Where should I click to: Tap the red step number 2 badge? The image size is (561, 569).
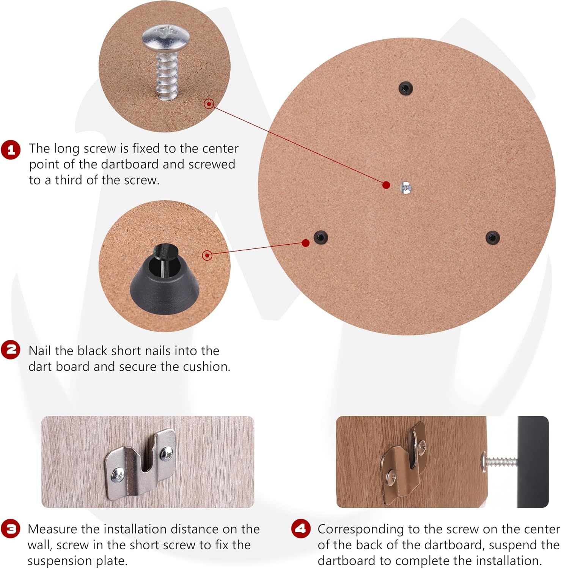pos(11,349)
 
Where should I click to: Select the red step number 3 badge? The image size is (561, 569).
pos(11,528)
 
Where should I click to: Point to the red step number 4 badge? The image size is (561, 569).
pos(301,528)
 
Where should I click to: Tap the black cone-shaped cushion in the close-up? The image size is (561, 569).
pos(165,275)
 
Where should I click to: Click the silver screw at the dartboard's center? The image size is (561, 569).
pos(406,187)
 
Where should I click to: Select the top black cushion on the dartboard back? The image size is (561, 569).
pos(405,88)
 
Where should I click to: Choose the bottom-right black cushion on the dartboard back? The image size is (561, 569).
pos(493,237)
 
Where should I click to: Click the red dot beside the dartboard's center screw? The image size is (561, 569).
pos(386,185)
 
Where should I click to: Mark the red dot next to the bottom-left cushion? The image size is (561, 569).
pos(306,243)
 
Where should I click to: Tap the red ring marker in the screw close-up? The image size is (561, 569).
pos(209,104)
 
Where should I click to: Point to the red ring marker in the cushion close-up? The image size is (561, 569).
pos(207,255)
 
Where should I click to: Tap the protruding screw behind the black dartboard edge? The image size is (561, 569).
pos(499,462)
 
